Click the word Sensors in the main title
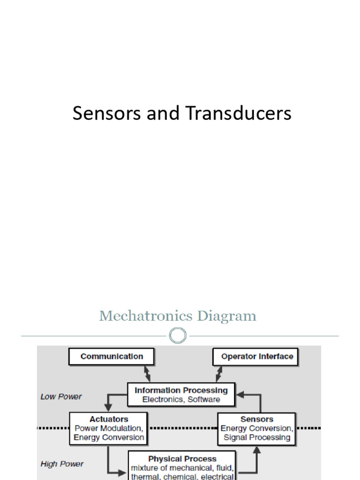pos(99,114)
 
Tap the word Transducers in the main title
pos(238,114)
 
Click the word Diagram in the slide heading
pos(227,316)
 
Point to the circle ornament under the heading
pos(178,336)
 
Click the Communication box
pos(112,357)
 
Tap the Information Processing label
pos(181,390)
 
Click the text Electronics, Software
pos(181,400)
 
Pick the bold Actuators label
pos(109,419)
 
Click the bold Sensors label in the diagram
pos(257,419)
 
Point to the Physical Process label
pos(182,459)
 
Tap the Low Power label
pos(61,397)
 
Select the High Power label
pos(62,464)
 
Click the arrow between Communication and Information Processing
pos(147,374)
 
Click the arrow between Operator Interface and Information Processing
pos(218,374)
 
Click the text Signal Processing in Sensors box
pos(257,438)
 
